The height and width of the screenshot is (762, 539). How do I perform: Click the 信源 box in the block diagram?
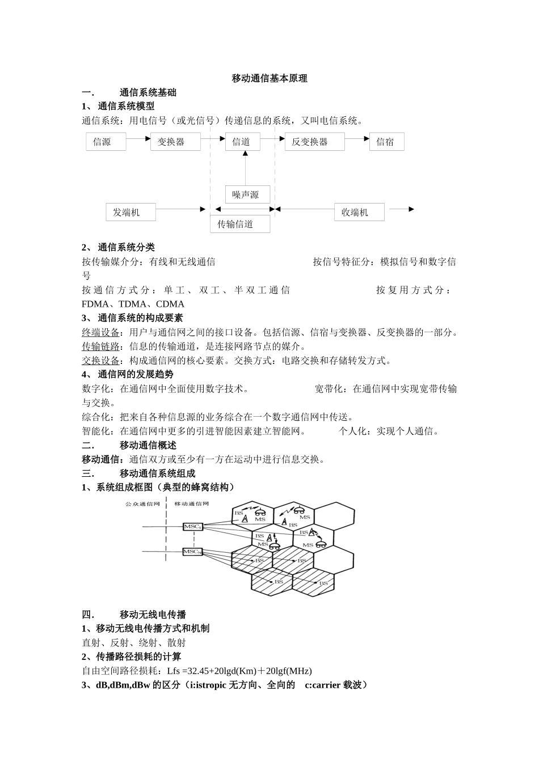[x=106, y=142]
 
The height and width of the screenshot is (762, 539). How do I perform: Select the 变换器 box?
[x=175, y=142]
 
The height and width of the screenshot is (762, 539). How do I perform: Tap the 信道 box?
[x=242, y=142]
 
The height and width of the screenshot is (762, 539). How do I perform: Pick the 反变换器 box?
[x=314, y=142]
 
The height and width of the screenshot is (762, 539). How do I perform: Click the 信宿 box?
[x=386, y=142]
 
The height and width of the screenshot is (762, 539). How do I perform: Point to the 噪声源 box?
[x=247, y=194]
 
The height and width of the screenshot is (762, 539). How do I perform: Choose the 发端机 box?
[x=130, y=212]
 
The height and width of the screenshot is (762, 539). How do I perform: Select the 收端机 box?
[x=359, y=212]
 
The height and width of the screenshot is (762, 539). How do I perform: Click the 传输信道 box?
[x=239, y=224]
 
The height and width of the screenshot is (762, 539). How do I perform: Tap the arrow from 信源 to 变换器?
[x=138, y=138]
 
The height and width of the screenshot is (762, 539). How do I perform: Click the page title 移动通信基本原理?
[x=269, y=78]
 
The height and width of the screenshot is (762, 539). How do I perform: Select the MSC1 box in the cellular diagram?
[x=193, y=527]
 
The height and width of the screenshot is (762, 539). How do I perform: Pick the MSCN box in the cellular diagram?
[x=193, y=551]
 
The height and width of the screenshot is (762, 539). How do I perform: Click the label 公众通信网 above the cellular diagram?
[x=141, y=503]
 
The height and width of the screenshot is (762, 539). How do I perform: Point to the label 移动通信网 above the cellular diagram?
[x=192, y=503]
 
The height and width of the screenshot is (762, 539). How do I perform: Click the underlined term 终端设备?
[x=101, y=332]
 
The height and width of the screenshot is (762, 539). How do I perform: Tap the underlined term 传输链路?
[x=101, y=346]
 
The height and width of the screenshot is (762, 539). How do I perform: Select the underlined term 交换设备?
[x=101, y=361]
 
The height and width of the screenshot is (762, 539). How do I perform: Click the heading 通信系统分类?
[x=126, y=247]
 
